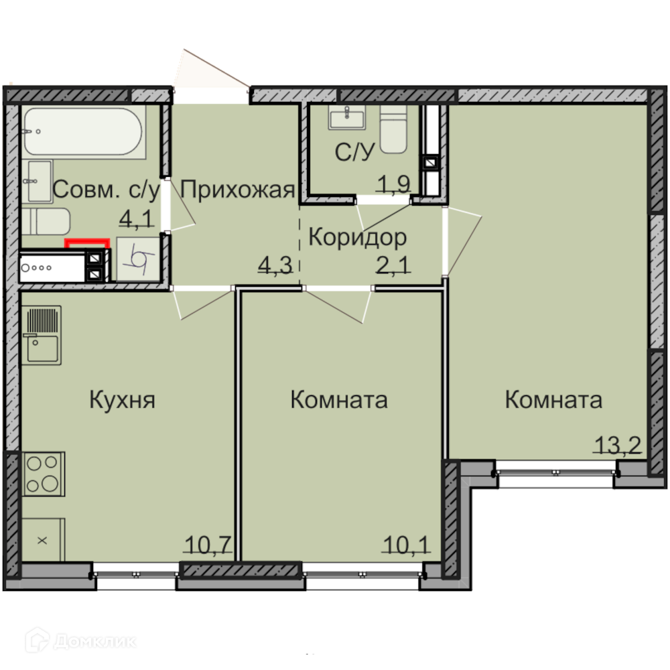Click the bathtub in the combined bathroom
coord(83,131)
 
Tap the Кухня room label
coord(122,401)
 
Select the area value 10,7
coord(208,545)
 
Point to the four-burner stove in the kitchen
coord(43,474)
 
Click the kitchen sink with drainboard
coord(42,336)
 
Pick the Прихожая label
coord(238,190)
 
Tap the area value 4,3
coord(275,265)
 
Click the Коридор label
coord(358,238)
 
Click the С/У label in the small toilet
coord(354,151)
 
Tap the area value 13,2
coord(618,446)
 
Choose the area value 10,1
coord(407,545)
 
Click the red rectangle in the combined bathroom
coord(86,243)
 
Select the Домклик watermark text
coord(95,641)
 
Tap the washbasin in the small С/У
coord(346,117)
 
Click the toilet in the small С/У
coord(393,129)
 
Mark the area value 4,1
coord(136,219)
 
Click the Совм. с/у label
coord(106,190)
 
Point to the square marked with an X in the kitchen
coord(43,540)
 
